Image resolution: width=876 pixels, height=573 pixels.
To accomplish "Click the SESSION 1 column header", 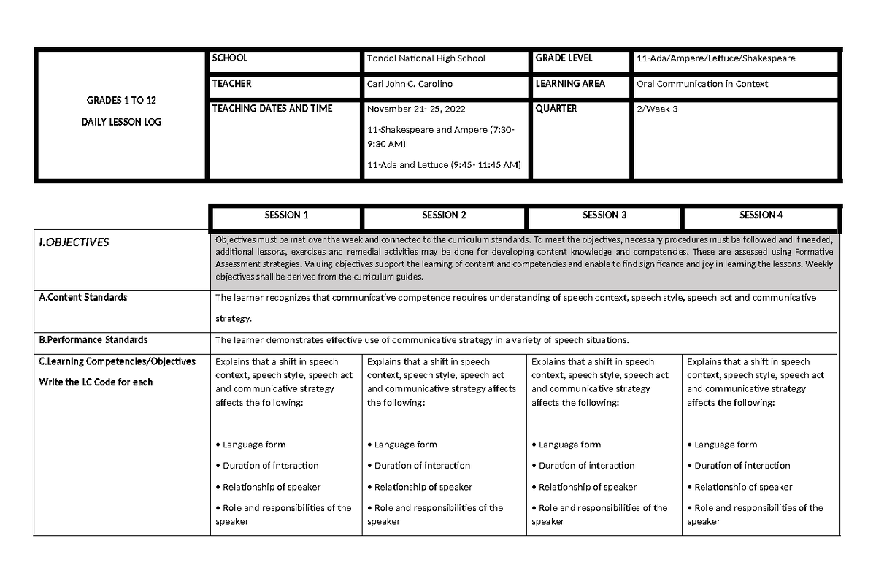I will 285,215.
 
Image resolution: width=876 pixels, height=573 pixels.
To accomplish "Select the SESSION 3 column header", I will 604,215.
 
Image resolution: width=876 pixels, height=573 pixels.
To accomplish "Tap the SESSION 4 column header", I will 761,215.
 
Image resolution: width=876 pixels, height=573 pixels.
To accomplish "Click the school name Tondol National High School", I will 426,58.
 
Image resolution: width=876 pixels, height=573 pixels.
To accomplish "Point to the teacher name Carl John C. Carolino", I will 410,84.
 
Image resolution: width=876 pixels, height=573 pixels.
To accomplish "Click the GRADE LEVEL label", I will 564,58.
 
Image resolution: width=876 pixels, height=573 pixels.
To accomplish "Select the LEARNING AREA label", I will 570,84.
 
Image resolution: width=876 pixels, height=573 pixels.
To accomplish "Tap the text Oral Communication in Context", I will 702,84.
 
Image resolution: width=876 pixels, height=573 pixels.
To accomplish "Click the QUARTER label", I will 556,109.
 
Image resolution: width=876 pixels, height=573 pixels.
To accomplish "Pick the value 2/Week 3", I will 657,109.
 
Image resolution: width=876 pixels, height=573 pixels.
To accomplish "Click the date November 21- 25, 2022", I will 415,109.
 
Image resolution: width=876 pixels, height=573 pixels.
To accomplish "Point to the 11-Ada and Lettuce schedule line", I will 444,164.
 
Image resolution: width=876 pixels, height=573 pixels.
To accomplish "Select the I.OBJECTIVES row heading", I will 74,242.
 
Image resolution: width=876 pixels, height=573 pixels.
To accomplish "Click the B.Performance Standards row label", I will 93,339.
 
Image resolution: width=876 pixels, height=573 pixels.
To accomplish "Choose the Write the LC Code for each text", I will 96,382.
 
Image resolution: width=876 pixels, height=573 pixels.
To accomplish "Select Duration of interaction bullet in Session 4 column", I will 739,466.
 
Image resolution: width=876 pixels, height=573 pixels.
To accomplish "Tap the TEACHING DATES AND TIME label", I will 272,109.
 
